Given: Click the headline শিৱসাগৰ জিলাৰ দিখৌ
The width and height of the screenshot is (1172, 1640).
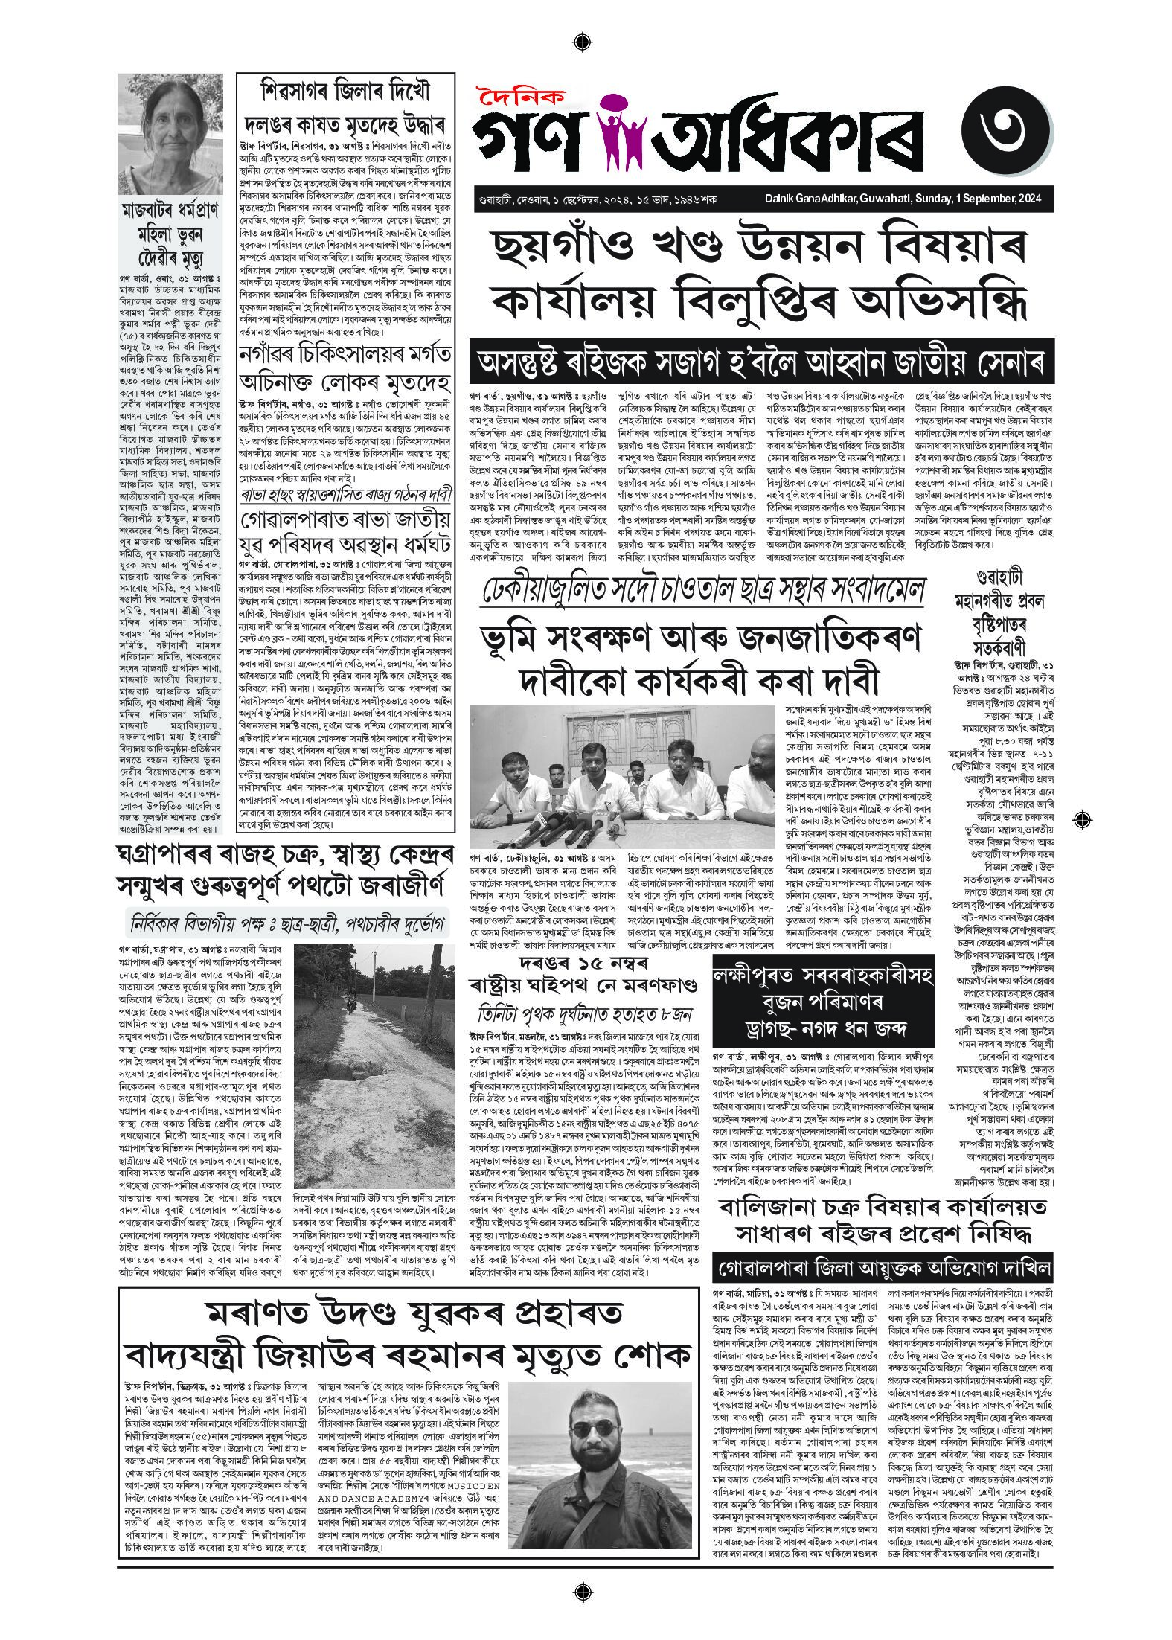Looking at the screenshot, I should click(x=344, y=94).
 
